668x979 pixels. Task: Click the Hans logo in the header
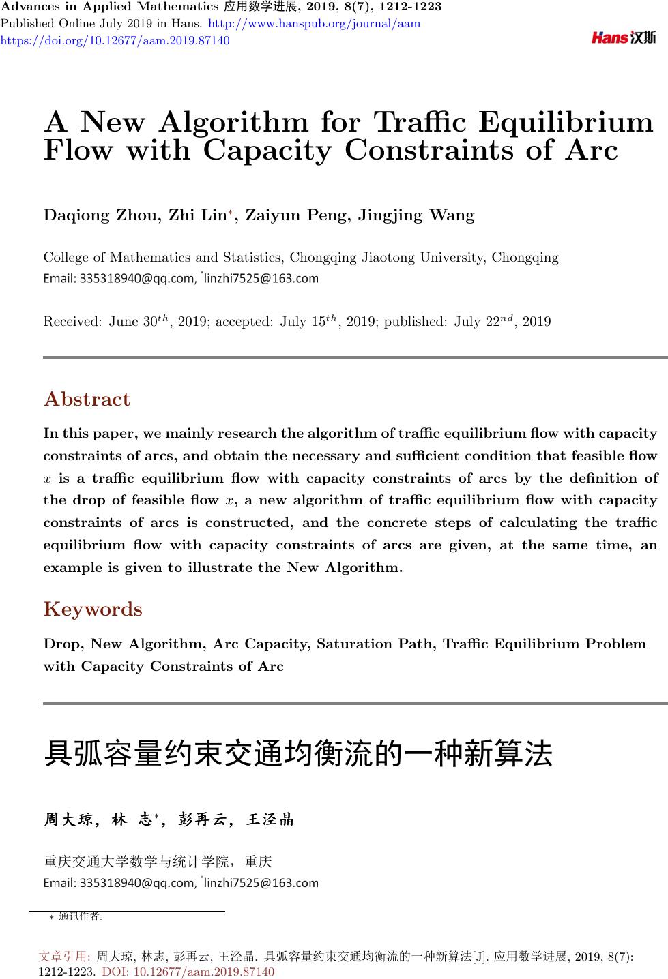pos(624,38)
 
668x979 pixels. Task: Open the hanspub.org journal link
pos(314,24)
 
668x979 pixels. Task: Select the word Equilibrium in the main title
pos(566,123)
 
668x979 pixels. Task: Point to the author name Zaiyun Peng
pos(297,215)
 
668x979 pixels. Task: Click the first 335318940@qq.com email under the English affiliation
pos(137,278)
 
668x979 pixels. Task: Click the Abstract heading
pos(87,400)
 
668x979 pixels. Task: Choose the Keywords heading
pos(93,609)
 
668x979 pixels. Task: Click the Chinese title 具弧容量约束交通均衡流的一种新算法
pos(297,754)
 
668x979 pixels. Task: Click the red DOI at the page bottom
pos(188,972)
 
